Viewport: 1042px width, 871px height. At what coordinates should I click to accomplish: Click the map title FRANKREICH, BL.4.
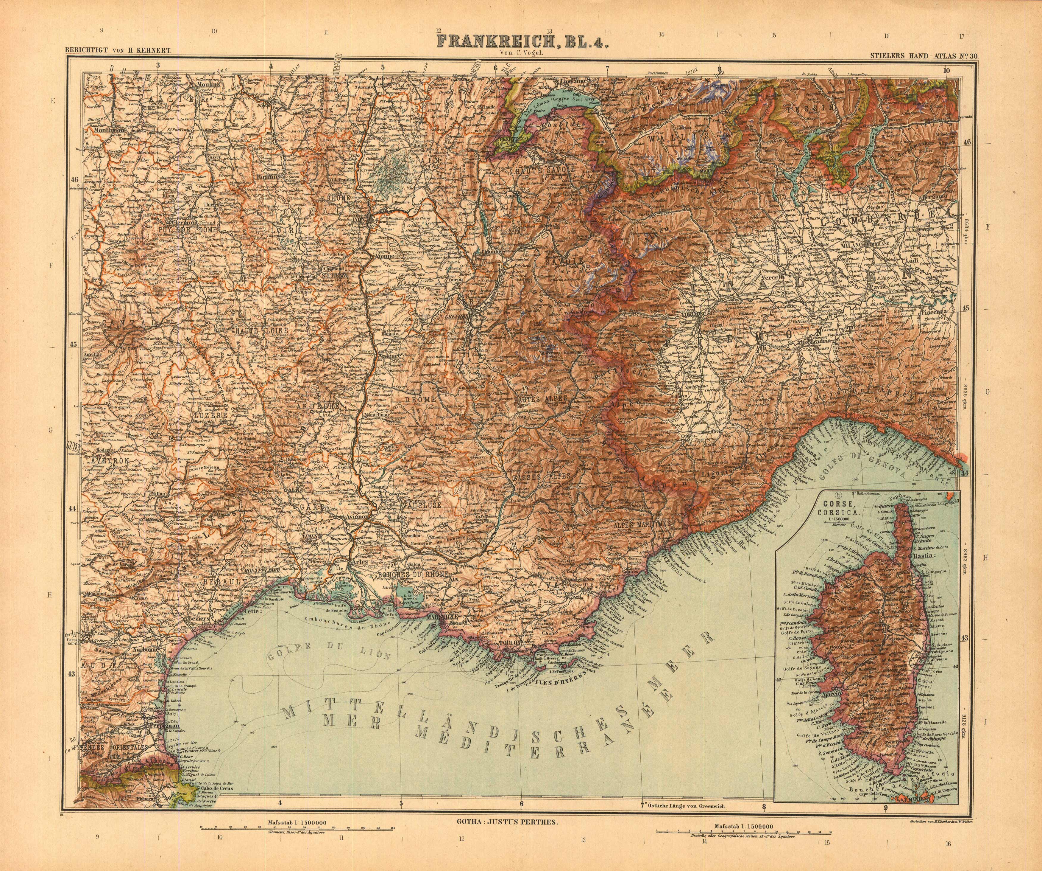[x=522, y=41]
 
